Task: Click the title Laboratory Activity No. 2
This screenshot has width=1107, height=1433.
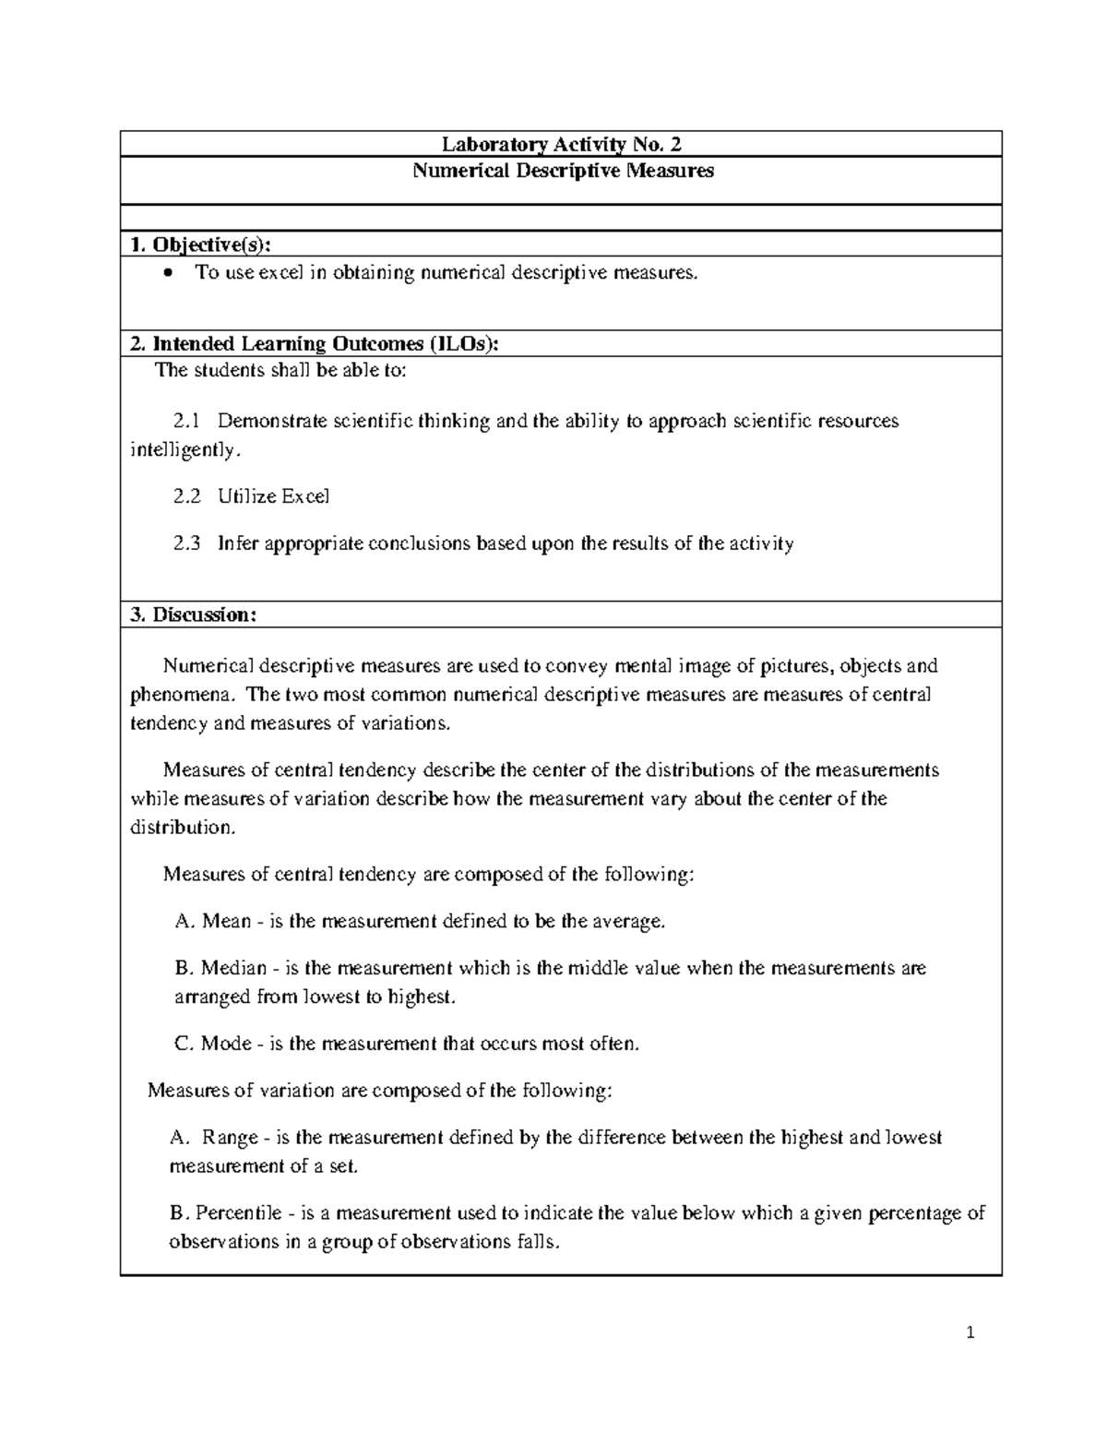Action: [x=561, y=144]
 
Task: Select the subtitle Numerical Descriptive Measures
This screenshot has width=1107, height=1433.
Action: [x=562, y=171]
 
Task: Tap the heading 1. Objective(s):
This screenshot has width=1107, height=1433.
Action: [x=201, y=245]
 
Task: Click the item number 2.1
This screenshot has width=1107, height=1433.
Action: [x=186, y=422]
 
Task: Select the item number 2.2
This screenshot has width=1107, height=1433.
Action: [x=186, y=496]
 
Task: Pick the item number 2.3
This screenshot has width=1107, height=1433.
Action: [x=186, y=543]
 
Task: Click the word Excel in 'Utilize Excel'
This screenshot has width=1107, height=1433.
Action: [x=304, y=496]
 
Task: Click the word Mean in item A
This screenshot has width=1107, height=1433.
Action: [x=226, y=922]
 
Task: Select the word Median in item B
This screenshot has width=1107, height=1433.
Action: [x=233, y=969]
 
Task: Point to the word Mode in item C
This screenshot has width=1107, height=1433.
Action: [x=226, y=1044]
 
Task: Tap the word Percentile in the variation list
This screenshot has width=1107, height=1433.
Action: [x=238, y=1213]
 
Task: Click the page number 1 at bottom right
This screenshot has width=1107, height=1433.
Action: [x=970, y=1332]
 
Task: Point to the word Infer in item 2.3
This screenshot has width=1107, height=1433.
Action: [x=238, y=543]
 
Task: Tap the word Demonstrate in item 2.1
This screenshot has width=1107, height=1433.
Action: [x=272, y=422]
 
